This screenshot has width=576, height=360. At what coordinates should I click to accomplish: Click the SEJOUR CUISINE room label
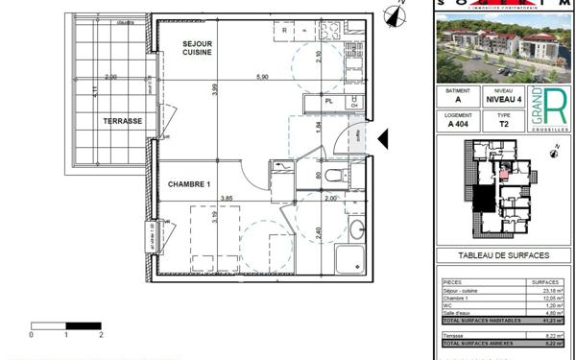click(198, 47)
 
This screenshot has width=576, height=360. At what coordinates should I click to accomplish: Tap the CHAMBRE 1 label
click(190, 183)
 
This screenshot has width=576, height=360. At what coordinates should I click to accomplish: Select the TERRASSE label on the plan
click(123, 121)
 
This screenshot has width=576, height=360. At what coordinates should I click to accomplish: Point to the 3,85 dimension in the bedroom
click(228, 199)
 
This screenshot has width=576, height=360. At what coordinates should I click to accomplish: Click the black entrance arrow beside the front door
click(382, 140)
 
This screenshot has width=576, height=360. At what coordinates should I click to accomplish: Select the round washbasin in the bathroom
click(356, 230)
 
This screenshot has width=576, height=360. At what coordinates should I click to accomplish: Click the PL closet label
click(328, 101)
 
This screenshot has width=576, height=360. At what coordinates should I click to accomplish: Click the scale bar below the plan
click(66, 327)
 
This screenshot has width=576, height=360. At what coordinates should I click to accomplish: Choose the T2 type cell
click(506, 124)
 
